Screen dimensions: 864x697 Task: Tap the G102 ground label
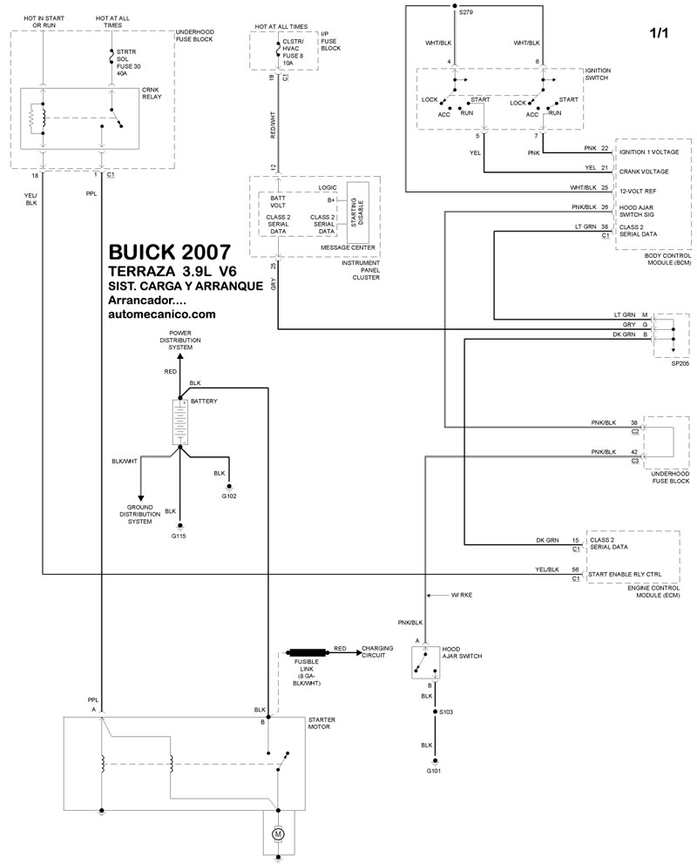pos(229,496)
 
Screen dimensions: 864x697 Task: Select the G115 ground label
pos(179,536)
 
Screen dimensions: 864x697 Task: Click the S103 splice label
pos(447,712)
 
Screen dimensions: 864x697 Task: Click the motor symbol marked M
pos(280,834)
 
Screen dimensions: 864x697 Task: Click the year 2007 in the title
pos(207,253)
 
